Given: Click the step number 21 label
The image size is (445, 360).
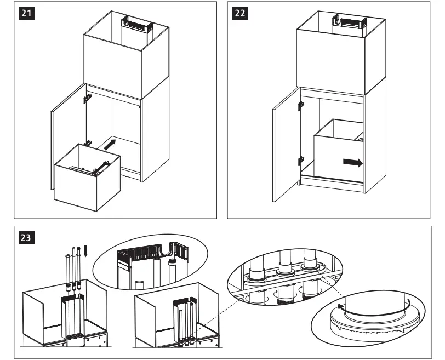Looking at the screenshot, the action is click(26, 14).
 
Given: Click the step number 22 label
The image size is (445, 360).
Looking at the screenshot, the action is click(239, 14).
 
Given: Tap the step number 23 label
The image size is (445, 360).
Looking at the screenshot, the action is click(26, 238).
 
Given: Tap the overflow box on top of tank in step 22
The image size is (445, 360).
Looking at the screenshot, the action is click(350, 22).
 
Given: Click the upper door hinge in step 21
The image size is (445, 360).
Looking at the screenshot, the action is click(87, 98).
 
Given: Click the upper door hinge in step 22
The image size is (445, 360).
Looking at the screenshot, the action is click(300, 104).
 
